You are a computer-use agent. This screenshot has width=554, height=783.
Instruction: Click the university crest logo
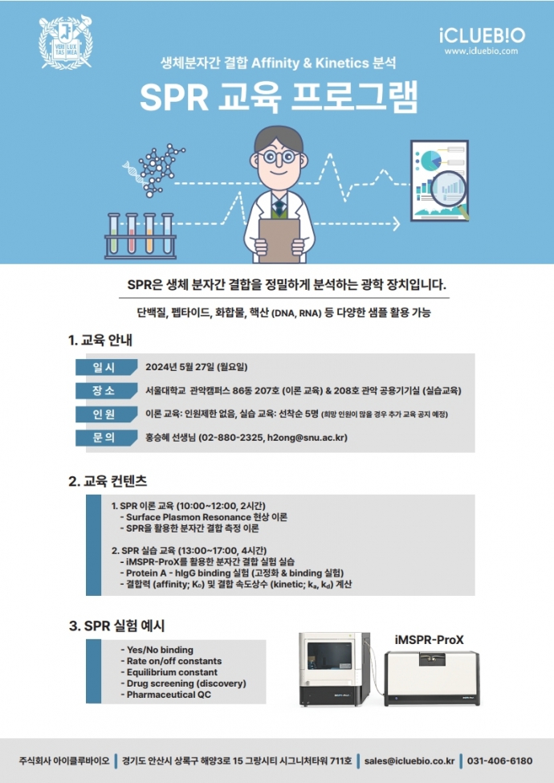click(66, 42)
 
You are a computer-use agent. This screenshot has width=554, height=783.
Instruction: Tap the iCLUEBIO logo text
click(482, 35)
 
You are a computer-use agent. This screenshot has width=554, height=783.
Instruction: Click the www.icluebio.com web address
click(481, 51)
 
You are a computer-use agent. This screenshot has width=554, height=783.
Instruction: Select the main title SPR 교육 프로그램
click(278, 97)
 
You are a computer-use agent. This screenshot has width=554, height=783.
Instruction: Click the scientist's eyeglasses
click(279, 157)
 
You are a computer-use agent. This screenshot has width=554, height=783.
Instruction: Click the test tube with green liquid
click(114, 234)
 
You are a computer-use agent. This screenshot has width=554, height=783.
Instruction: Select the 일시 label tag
click(106, 367)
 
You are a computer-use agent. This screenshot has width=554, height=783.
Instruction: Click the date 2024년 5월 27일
click(179, 367)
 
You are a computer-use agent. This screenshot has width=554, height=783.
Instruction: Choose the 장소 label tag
click(106, 390)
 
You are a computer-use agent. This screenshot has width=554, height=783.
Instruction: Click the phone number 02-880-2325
click(232, 438)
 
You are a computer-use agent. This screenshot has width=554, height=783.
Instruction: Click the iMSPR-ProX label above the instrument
click(430, 640)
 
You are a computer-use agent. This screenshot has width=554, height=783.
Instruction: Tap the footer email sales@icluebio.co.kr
click(409, 761)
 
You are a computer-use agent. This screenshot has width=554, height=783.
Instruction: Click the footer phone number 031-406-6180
click(499, 761)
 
